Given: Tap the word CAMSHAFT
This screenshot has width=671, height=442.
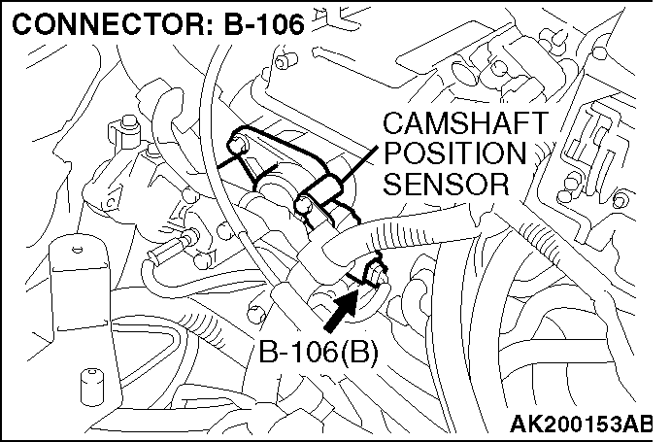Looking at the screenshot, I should [x=453, y=124].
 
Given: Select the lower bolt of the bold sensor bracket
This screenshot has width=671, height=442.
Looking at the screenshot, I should [x=304, y=204].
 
